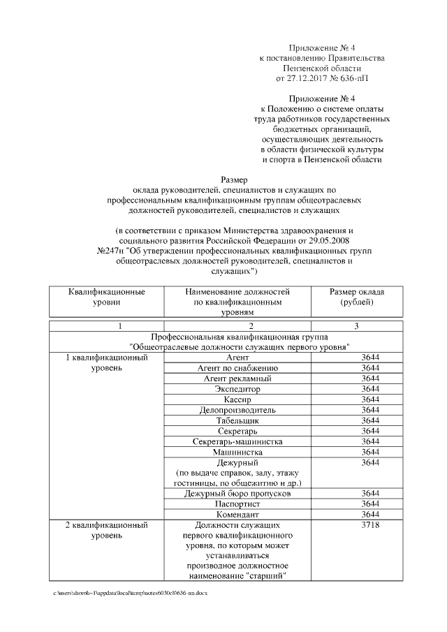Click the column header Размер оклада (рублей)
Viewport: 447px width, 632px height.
[x=356, y=297]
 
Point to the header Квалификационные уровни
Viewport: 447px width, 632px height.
[x=106, y=297]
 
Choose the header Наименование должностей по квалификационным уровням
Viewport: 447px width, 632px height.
[x=237, y=302]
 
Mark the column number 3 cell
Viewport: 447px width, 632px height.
[x=356, y=326]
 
